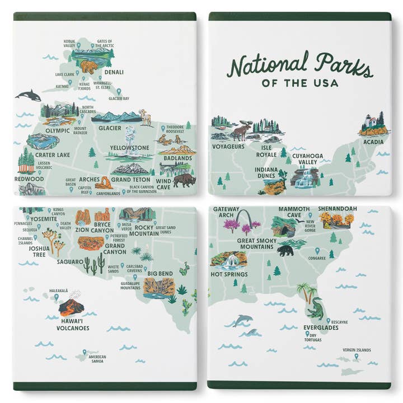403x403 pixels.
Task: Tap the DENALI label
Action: click(x=112, y=72)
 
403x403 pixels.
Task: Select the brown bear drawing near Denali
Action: click(x=88, y=67)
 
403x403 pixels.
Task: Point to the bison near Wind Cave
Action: click(x=185, y=180)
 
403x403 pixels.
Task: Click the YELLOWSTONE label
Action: click(x=129, y=148)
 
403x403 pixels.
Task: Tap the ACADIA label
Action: click(x=373, y=142)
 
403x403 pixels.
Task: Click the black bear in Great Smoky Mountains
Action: click(x=286, y=250)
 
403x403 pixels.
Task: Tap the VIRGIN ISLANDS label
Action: click(x=357, y=350)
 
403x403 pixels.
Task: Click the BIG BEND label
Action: click(x=160, y=274)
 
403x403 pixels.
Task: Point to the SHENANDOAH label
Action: click(x=338, y=209)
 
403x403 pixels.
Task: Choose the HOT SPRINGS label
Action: click(x=229, y=274)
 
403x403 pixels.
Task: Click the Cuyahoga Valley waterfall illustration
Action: click(x=304, y=177)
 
